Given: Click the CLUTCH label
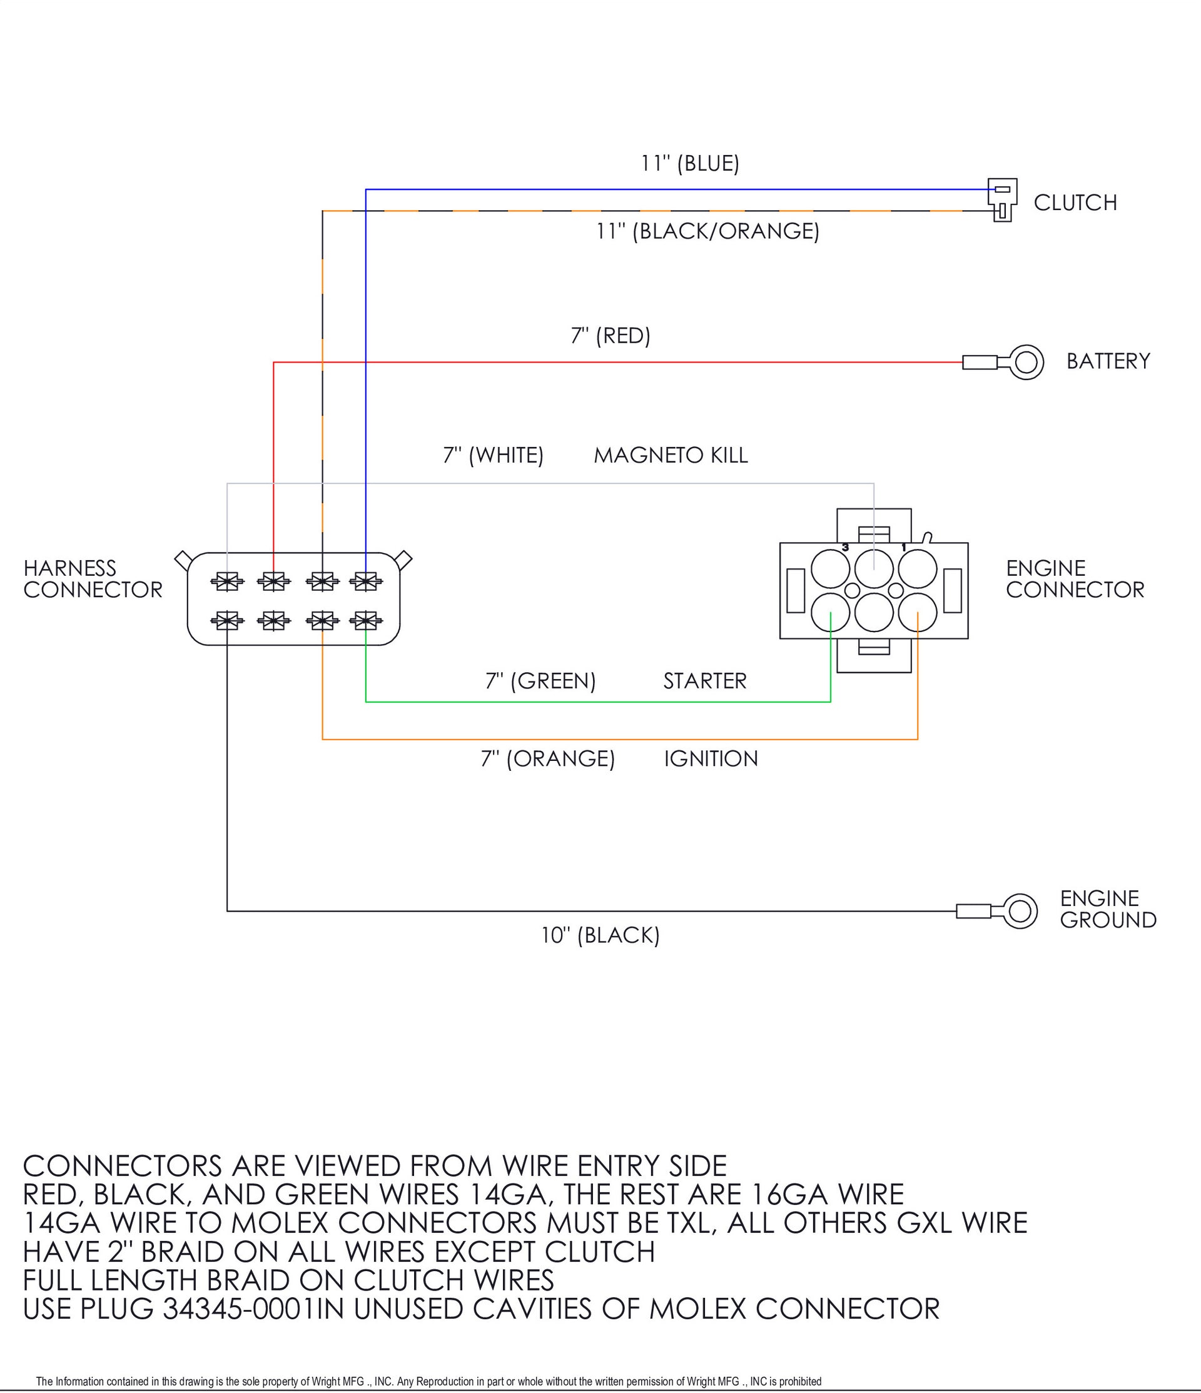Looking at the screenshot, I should tap(1075, 203).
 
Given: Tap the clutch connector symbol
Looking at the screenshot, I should tap(1001, 199).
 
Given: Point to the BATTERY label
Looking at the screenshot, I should tap(1108, 361).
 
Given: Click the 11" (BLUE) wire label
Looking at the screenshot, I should tap(689, 163).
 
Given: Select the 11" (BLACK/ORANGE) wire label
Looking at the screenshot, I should tap(707, 231).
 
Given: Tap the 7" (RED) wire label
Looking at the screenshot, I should tap(611, 336).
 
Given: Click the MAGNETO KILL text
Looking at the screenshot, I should tap(671, 455).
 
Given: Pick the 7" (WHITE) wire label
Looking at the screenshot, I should tap(493, 455).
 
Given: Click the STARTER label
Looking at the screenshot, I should tap(705, 681).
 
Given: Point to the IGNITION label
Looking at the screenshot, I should tap(711, 758).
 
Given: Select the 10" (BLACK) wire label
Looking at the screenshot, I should tap(600, 935).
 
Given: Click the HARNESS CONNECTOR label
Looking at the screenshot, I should tap(93, 579).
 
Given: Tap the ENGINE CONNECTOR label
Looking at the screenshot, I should tap(1075, 579).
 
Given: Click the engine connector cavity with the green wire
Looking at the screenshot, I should tap(831, 613).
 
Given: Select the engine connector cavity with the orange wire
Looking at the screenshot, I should tap(918, 613).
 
